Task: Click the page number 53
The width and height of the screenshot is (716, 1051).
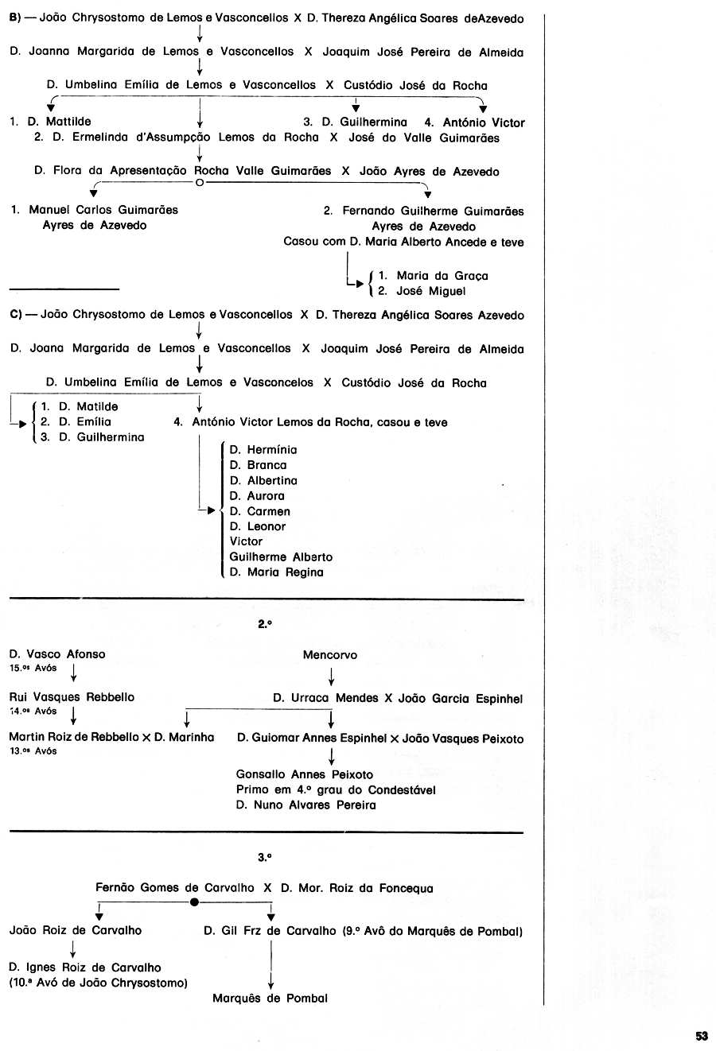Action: click(x=701, y=1035)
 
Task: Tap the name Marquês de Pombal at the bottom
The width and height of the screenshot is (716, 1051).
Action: click(x=270, y=998)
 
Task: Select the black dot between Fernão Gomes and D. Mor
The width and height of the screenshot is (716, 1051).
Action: click(x=193, y=902)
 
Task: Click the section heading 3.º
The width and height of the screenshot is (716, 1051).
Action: click(x=265, y=857)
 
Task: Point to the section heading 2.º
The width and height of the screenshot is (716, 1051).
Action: click(x=265, y=624)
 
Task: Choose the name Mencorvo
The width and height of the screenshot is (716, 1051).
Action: click(x=329, y=655)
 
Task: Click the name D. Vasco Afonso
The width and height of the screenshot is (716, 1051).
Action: click(x=57, y=654)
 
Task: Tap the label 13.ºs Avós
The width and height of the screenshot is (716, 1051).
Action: click(x=33, y=751)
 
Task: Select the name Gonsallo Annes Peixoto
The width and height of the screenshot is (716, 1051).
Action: click(x=305, y=774)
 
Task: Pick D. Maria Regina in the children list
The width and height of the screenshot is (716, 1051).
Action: click(x=276, y=572)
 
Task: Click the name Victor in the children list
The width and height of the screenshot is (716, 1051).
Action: click(x=246, y=541)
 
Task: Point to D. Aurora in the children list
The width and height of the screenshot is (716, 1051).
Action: click(x=257, y=495)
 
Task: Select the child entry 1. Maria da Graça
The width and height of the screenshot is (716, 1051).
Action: click(x=433, y=276)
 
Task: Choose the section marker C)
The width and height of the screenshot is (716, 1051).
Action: click(x=15, y=315)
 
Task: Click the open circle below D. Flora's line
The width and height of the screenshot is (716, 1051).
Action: click(x=199, y=182)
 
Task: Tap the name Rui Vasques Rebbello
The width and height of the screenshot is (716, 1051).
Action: click(x=72, y=696)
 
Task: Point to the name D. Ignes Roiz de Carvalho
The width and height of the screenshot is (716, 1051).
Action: click(x=85, y=968)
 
